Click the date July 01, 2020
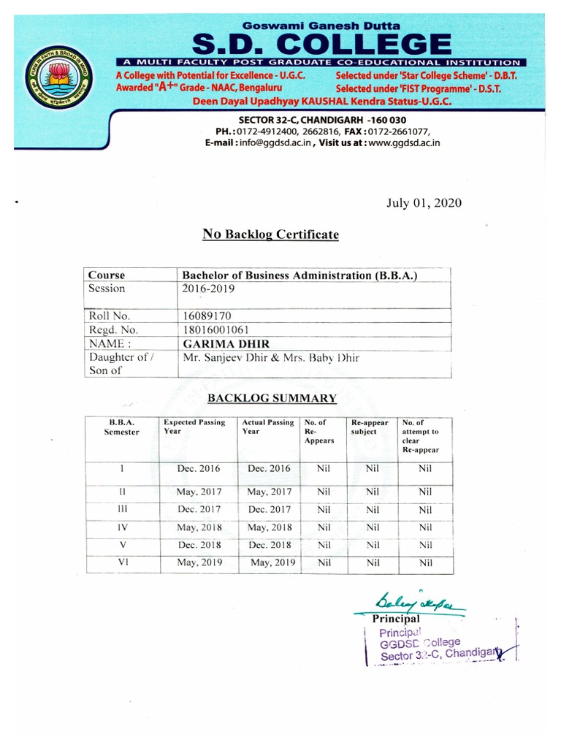coord(424,202)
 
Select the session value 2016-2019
coord(207,289)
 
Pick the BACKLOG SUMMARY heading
coord(272,398)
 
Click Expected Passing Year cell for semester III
coord(199,509)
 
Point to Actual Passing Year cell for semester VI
coord(272,562)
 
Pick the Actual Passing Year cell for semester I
coord(269,469)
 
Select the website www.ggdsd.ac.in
coord(399,143)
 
